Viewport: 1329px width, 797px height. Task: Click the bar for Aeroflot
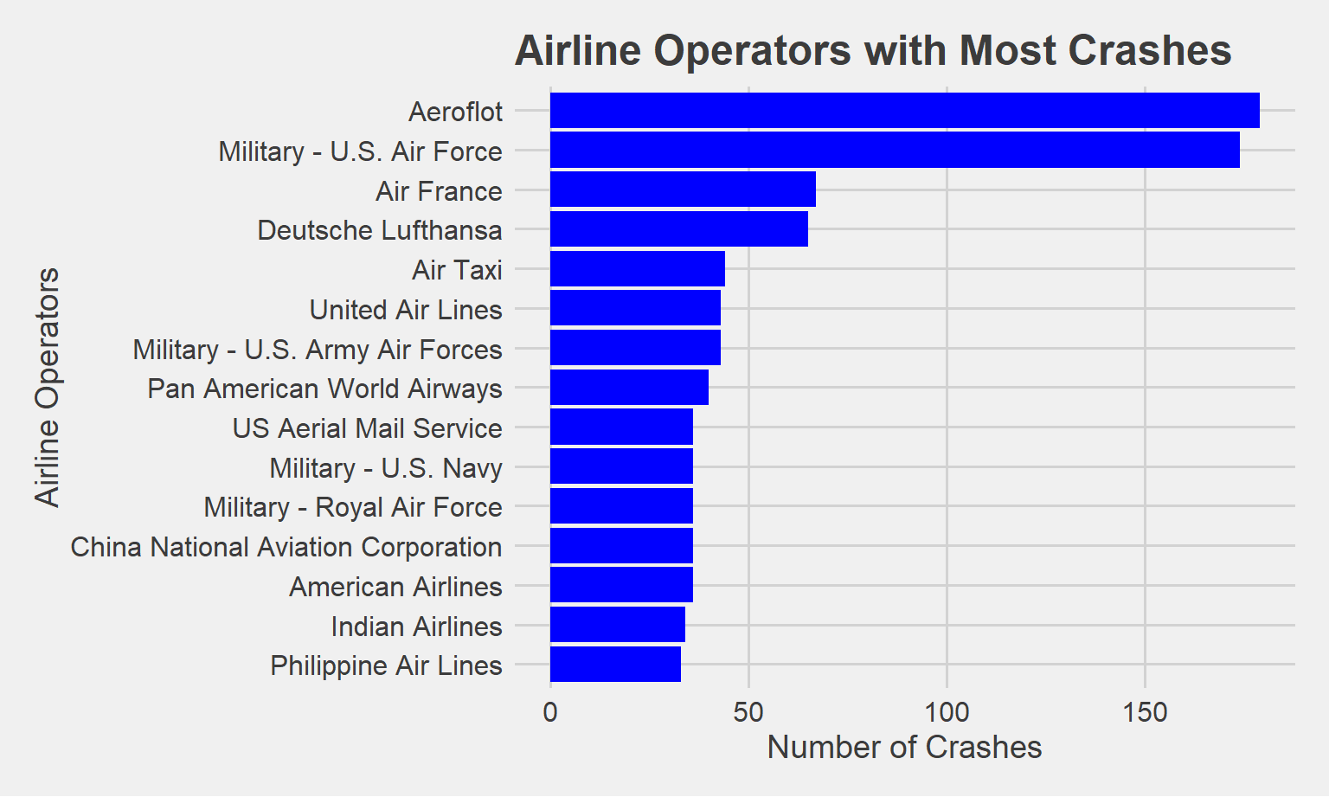tap(904, 111)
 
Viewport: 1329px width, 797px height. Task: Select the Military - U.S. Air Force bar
tap(895, 151)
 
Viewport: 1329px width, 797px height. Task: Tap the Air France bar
tap(683, 190)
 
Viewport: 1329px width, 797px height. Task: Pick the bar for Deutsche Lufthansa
tap(679, 229)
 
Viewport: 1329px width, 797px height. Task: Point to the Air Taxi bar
tap(638, 269)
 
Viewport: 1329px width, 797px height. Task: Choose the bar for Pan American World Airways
tap(629, 388)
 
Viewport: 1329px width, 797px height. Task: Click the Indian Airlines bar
tap(618, 625)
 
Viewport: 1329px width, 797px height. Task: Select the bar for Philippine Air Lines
tap(615, 665)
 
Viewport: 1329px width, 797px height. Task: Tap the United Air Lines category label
tap(406, 310)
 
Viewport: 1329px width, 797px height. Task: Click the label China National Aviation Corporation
tap(286, 547)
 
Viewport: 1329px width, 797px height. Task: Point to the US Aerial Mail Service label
tap(368, 428)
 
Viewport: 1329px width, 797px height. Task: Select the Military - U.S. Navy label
tap(386, 468)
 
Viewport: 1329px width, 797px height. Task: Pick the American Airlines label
tap(395, 587)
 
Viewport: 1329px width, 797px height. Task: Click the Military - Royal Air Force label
tap(353, 507)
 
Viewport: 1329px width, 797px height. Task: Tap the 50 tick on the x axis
tap(748, 713)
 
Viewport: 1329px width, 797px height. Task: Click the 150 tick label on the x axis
tap(1145, 713)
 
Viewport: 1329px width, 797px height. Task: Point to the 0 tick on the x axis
tap(550, 713)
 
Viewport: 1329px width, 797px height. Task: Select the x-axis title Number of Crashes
tap(904, 748)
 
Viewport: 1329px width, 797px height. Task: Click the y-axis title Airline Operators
tap(48, 387)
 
